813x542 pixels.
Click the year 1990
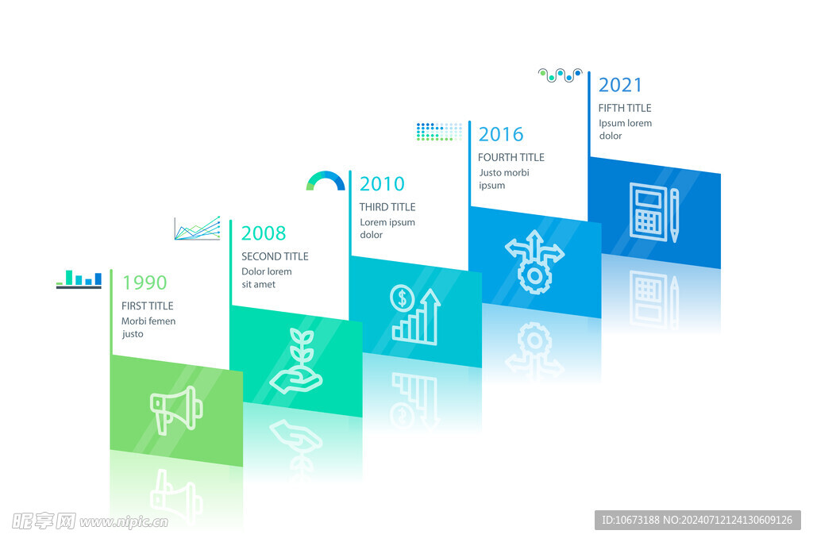[x=144, y=283]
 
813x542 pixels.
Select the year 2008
[x=264, y=233]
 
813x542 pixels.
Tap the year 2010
[x=382, y=183]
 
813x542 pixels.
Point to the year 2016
[x=501, y=134]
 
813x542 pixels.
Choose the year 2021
[x=620, y=85]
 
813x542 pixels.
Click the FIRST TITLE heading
[x=147, y=306]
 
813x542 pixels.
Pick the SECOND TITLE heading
[x=275, y=256]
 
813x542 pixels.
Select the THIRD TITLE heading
[x=387, y=207]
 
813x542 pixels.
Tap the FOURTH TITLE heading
[x=511, y=158]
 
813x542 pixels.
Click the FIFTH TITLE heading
[x=625, y=108]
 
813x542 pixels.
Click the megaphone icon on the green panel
[x=176, y=409]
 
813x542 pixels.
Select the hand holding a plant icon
[x=296, y=360]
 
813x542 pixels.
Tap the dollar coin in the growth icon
[x=402, y=298]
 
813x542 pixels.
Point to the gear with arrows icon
[x=534, y=262]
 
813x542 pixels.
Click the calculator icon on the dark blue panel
[x=648, y=212]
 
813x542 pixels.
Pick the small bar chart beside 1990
[x=79, y=279]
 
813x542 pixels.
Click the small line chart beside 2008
[x=197, y=229]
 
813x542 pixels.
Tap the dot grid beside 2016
[x=439, y=132]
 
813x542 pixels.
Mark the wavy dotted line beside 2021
[x=561, y=75]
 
